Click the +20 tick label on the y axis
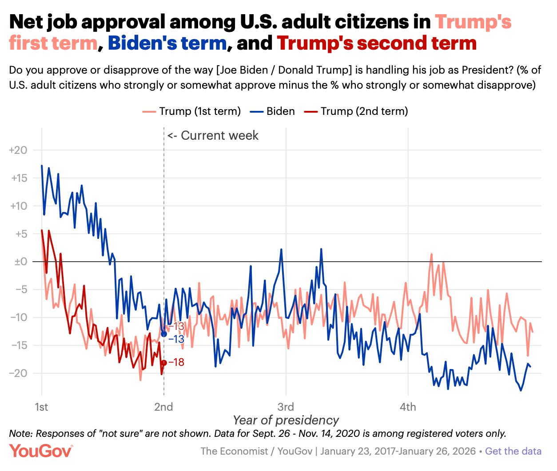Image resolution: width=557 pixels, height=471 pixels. click(18, 150)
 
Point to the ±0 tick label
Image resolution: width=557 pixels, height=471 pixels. click(18, 262)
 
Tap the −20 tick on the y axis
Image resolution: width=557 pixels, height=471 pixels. click(18, 373)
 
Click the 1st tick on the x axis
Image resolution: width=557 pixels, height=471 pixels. click(42, 407)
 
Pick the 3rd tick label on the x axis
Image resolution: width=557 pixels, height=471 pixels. click(286, 407)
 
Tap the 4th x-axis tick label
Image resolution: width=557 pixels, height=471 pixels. click(408, 407)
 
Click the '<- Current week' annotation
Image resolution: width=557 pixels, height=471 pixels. click(213, 135)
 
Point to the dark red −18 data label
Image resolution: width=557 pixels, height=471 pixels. click(176, 362)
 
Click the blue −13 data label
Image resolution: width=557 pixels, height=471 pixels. click(176, 339)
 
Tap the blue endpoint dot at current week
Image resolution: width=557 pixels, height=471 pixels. click(164, 334)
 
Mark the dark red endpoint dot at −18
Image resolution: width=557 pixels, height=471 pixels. click(164, 363)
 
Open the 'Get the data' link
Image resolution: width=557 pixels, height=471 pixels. click(513, 451)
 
